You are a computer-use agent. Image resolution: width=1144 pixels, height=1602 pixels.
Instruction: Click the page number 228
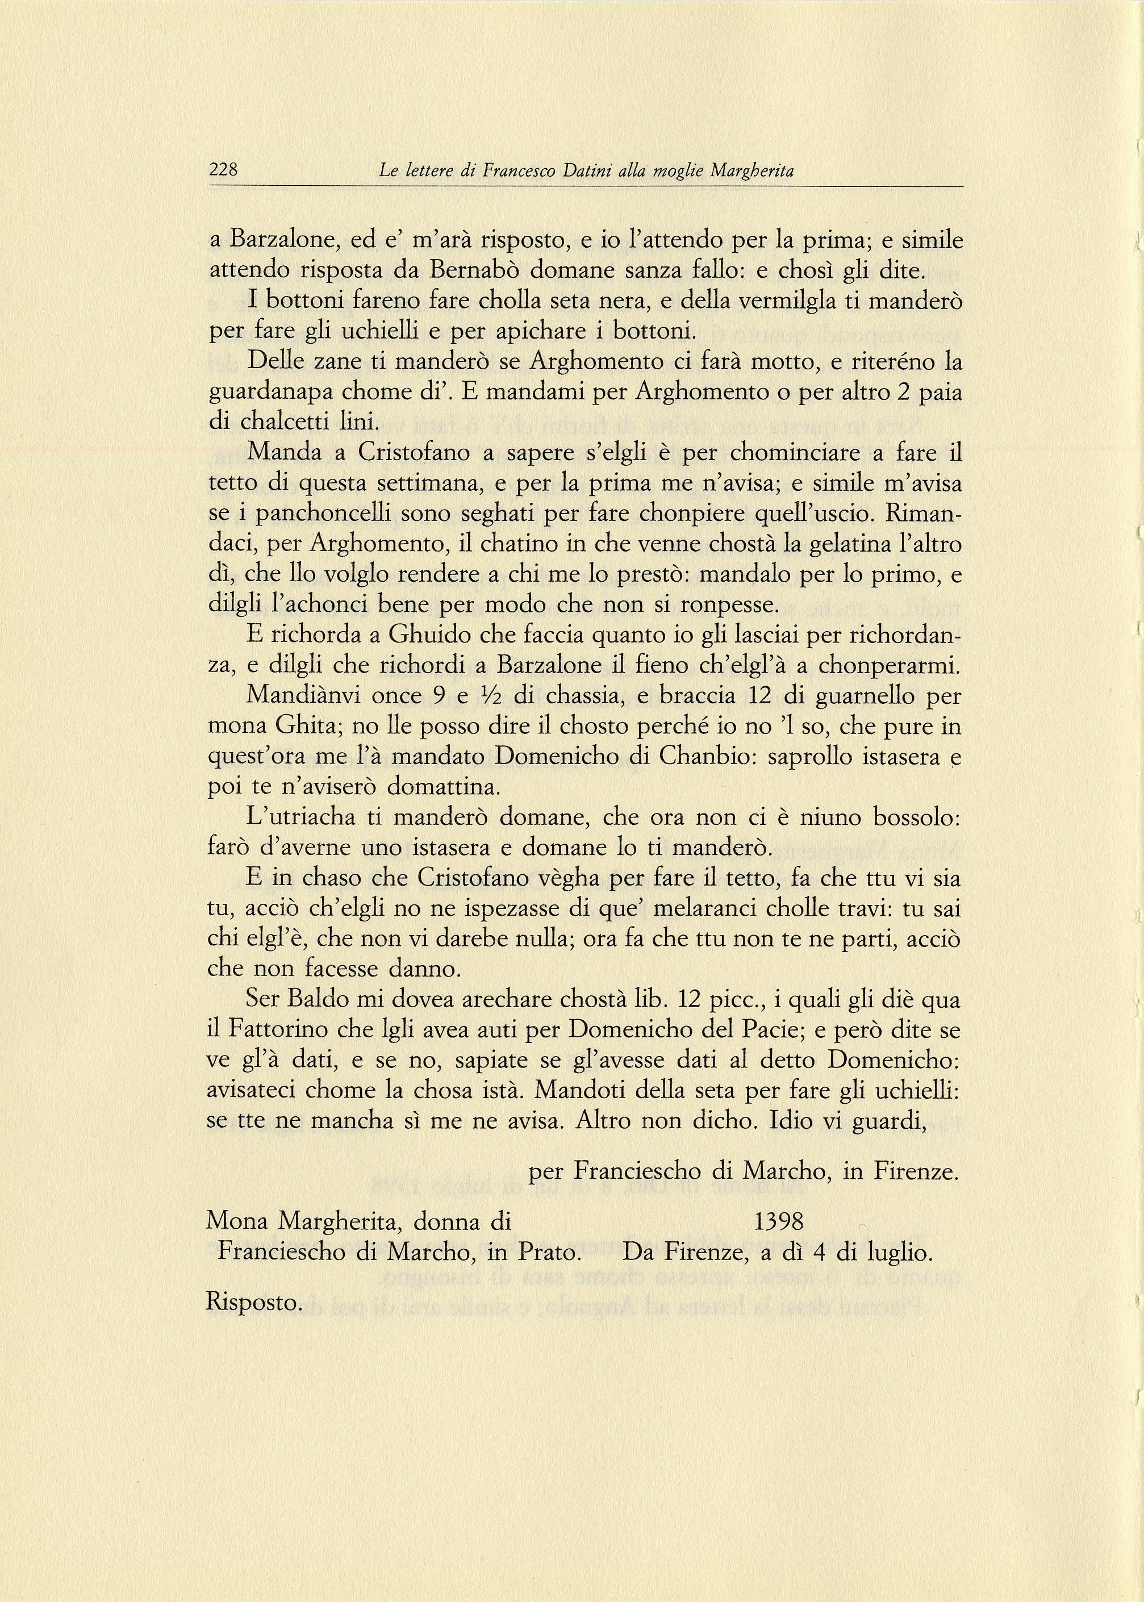coord(224,170)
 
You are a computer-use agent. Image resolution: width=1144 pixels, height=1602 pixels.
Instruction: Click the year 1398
coord(778,1221)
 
